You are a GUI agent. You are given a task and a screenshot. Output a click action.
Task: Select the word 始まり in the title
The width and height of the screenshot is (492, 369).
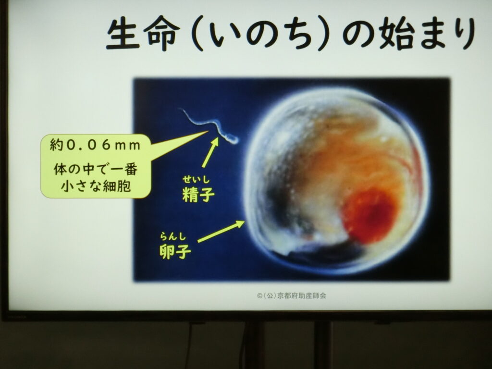click(427, 34)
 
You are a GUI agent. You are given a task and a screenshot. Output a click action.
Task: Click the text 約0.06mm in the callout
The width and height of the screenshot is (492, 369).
click(95, 145)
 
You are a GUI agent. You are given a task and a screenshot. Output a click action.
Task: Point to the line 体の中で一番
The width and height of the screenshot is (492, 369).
click(96, 170)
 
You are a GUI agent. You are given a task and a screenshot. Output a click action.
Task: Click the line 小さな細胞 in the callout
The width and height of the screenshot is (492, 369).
click(96, 186)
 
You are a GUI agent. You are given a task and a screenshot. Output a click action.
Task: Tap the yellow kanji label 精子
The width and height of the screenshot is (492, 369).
click(198, 194)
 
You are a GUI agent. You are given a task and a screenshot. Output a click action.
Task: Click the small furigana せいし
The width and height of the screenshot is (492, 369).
click(196, 180)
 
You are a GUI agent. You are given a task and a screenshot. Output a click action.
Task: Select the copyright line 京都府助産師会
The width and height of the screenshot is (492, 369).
click(302, 295)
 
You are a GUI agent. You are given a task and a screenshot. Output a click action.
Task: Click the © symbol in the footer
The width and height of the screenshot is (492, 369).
click(259, 296)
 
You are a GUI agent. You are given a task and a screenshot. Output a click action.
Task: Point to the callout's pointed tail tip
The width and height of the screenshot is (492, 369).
click(208, 131)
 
